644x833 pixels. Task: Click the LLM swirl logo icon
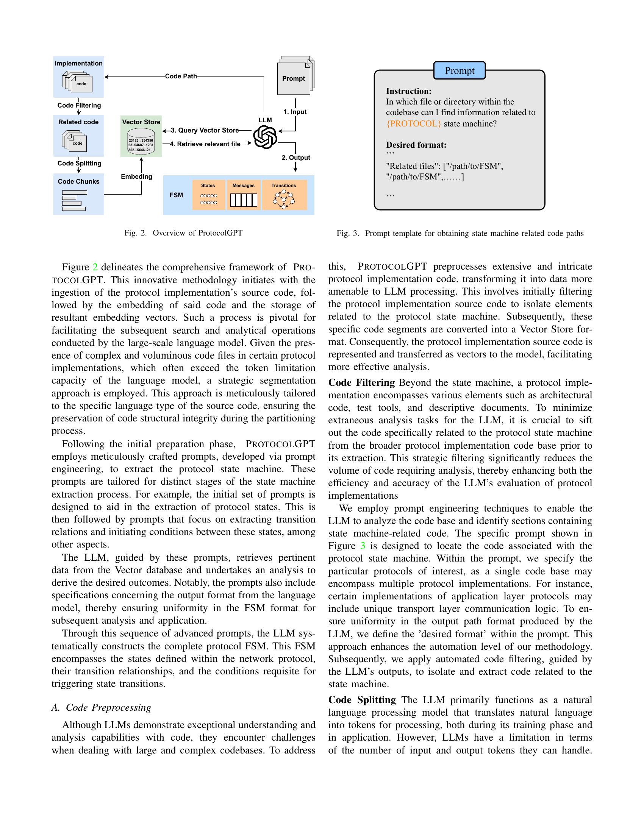tap(265, 137)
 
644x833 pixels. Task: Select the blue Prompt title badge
tap(460, 70)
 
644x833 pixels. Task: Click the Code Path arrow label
tap(181, 76)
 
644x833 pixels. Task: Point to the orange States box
tap(208, 195)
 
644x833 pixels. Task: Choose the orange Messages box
tap(244, 195)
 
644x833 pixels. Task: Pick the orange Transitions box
tap(284, 195)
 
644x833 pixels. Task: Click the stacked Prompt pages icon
tap(295, 76)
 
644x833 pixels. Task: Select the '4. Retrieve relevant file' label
tap(205, 144)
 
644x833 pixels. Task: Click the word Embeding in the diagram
tap(136, 176)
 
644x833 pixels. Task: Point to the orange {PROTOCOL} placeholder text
tap(414, 124)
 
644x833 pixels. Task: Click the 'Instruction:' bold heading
tap(409, 91)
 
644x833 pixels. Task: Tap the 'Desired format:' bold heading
tap(416, 145)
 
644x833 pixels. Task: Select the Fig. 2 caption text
tap(183, 233)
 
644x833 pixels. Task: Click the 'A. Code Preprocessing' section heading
tap(101, 708)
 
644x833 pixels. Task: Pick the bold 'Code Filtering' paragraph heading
tap(361, 382)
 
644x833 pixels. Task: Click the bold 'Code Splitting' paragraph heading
tap(362, 700)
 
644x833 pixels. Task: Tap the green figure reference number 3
tap(363, 546)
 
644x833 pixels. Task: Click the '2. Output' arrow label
tap(296, 158)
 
